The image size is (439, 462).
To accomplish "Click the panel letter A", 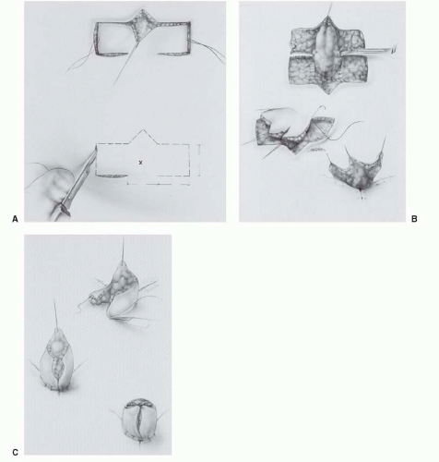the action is [15, 219].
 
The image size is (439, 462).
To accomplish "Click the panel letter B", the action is [414, 219].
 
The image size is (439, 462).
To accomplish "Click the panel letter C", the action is [16, 453].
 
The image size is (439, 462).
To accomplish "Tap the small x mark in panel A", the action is [141, 163].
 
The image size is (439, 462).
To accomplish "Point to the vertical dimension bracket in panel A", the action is [199, 160].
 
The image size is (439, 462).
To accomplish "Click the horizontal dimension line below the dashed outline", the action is [159, 185].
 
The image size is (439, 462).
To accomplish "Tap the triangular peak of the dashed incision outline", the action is [143, 130].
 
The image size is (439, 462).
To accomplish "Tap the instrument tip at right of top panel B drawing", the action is [393, 49].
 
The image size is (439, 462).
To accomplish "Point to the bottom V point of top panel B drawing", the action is [328, 93].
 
